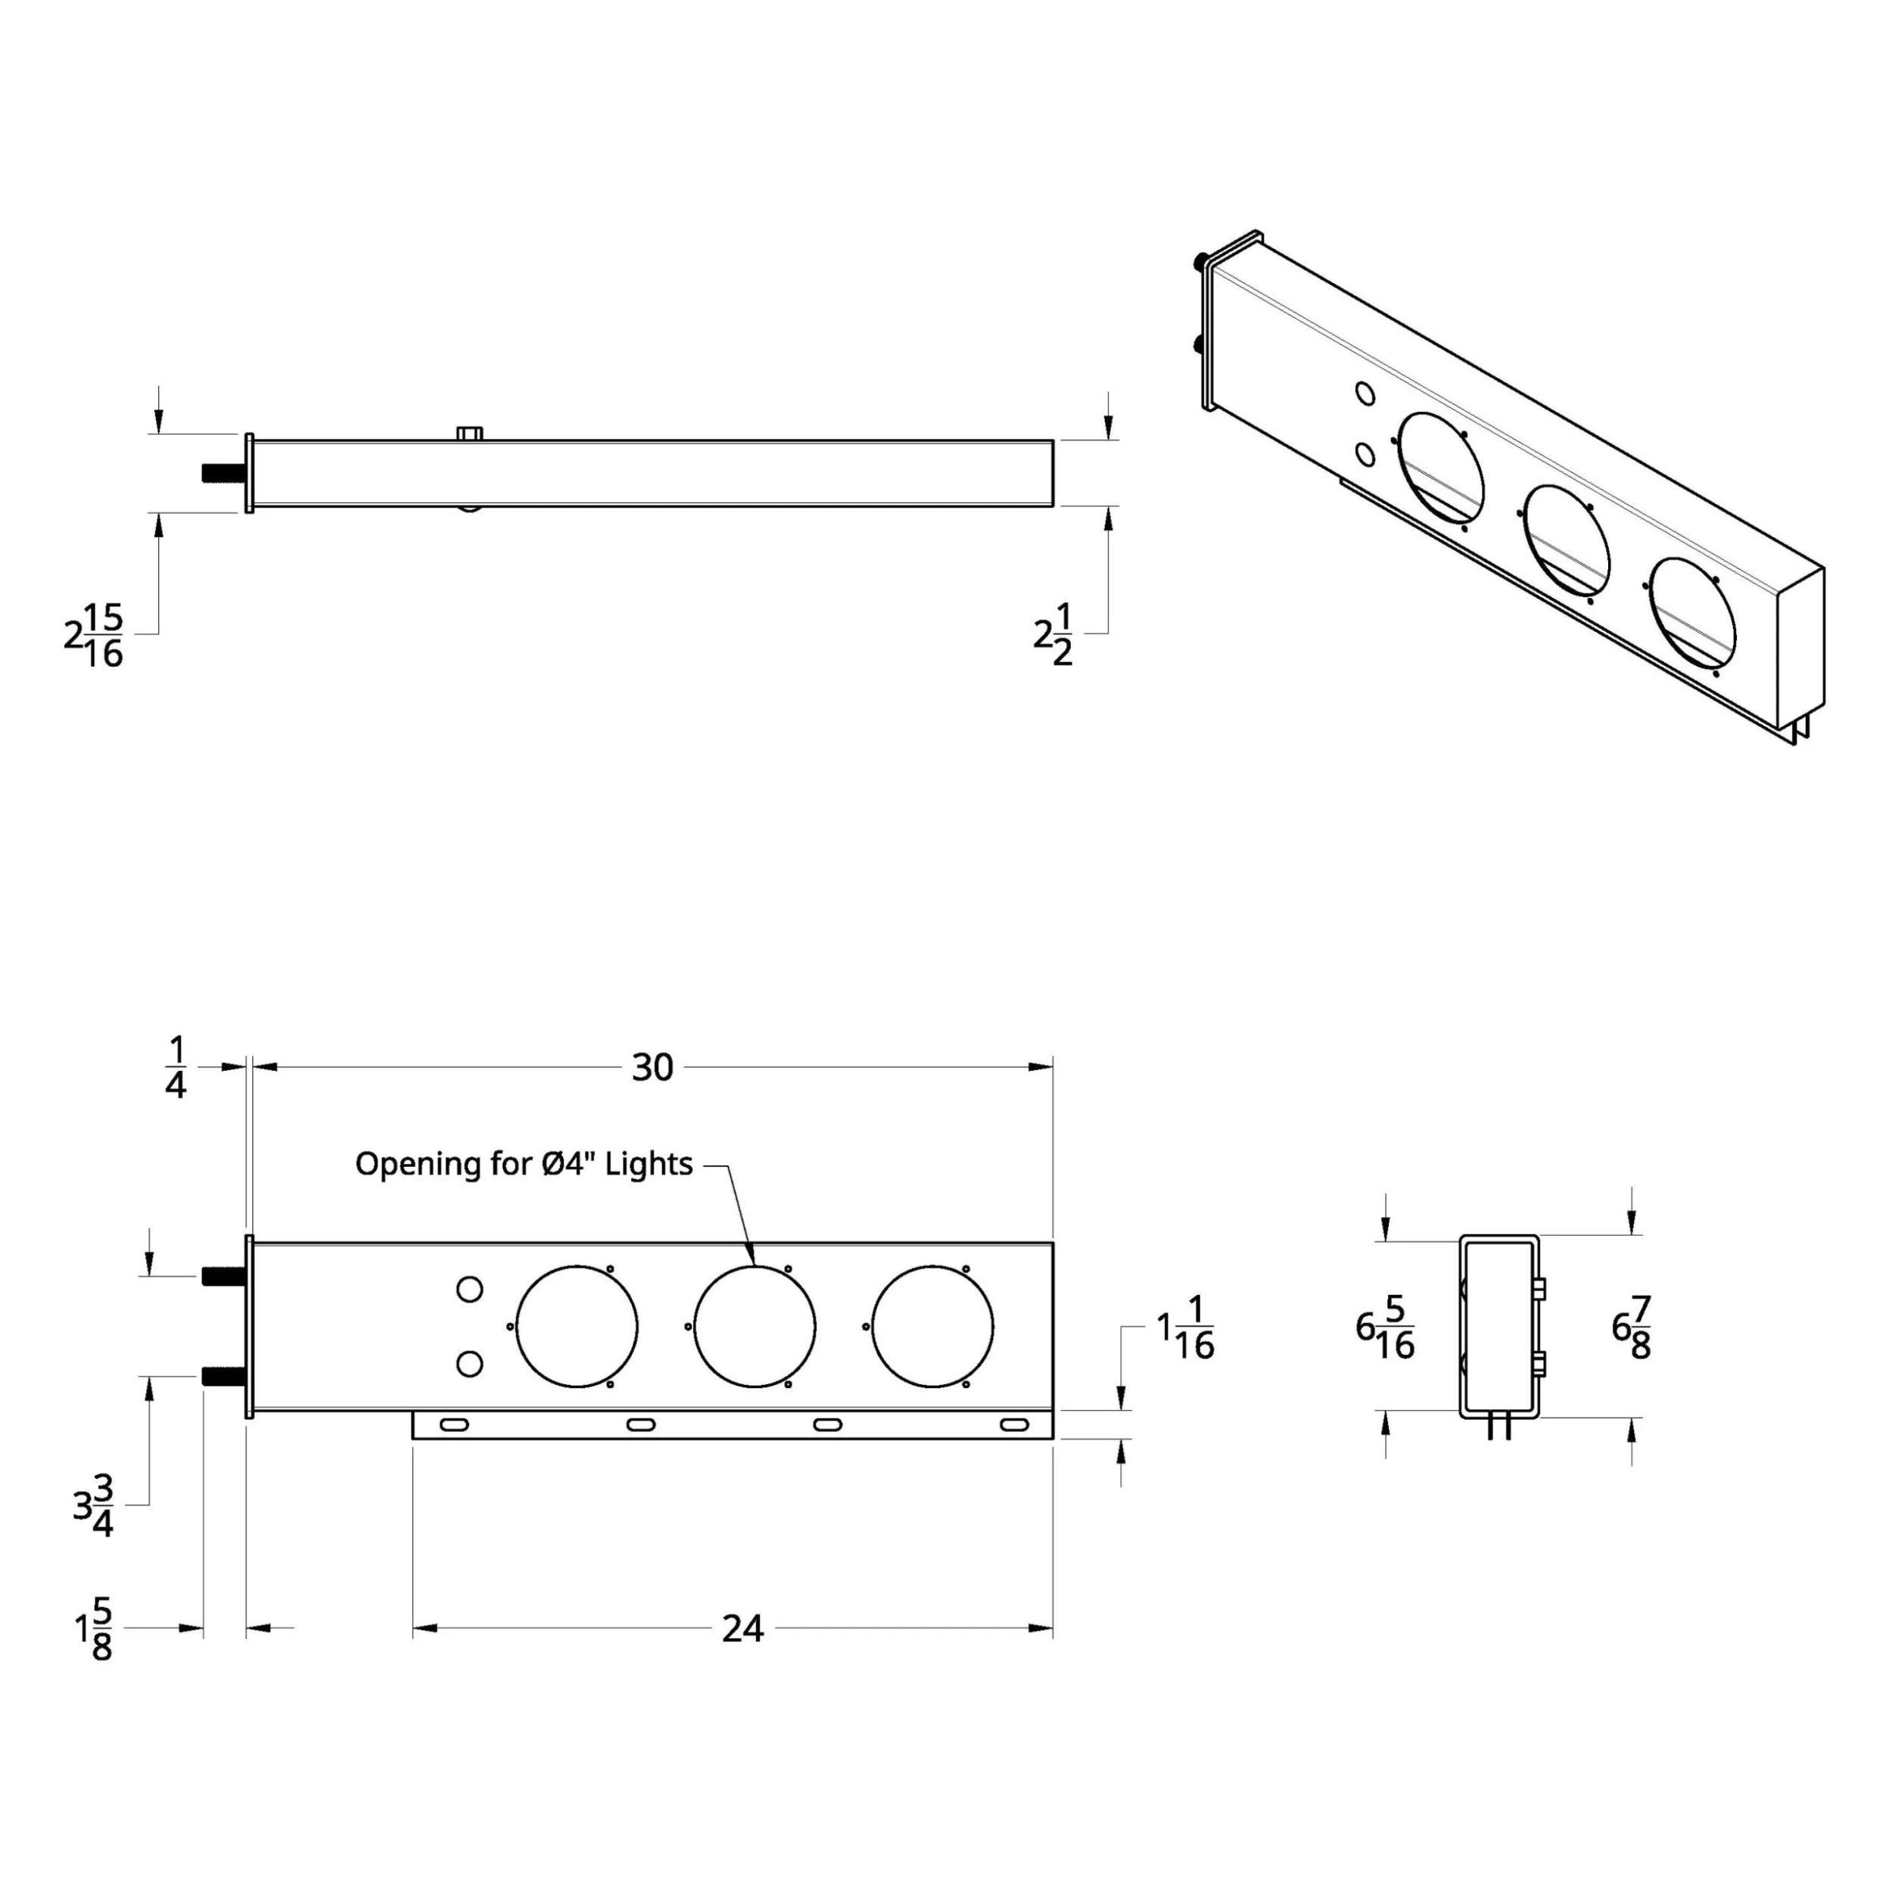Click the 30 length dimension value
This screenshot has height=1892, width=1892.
tap(652, 1067)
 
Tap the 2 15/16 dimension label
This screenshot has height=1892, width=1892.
tap(94, 636)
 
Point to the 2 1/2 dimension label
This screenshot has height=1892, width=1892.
tap(1053, 636)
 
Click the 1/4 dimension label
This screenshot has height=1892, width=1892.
tap(176, 1069)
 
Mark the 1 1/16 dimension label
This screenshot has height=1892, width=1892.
tap(1186, 1329)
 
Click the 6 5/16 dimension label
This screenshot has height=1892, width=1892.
tap(1386, 1328)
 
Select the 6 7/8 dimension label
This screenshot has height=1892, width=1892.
tap(1632, 1328)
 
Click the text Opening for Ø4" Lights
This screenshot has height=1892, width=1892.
tap(523, 1163)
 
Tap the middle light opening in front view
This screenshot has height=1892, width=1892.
tap(754, 1327)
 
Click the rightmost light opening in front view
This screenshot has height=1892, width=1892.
tap(932, 1327)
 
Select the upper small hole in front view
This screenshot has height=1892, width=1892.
tap(470, 1290)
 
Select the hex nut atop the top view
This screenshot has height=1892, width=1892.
tap(470, 433)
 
